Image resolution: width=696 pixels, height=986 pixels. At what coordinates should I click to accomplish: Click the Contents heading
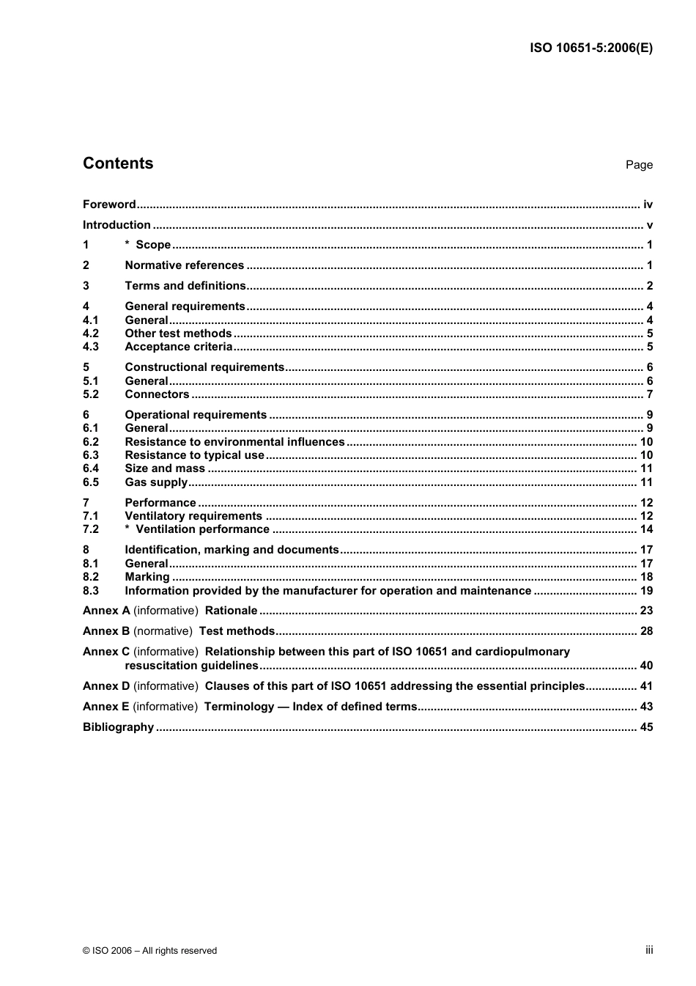(x=118, y=163)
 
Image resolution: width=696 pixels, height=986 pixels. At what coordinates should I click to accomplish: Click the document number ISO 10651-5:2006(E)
(x=591, y=48)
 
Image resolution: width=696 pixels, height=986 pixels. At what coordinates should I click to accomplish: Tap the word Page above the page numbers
(x=639, y=165)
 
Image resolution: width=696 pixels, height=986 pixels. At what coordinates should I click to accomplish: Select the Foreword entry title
(x=109, y=205)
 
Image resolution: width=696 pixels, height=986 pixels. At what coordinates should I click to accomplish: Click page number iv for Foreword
(x=648, y=205)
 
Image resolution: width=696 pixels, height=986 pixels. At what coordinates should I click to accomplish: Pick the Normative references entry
(x=185, y=265)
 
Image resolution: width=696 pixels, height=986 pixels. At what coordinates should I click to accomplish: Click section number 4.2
(x=91, y=334)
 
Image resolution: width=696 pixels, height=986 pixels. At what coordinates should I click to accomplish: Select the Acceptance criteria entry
(x=179, y=347)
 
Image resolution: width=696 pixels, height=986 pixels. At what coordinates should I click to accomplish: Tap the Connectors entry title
(x=157, y=394)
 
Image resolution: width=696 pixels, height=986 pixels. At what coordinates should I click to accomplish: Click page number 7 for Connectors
(x=650, y=394)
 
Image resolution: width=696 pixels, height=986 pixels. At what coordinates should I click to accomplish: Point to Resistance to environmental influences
(x=234, y=442)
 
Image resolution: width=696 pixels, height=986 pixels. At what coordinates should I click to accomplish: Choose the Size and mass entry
(x=165, y=468)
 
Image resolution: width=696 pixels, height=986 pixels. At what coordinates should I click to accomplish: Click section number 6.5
(x=91, y=482)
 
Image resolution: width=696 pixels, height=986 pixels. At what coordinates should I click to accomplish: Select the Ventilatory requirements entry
(x=193, y=516)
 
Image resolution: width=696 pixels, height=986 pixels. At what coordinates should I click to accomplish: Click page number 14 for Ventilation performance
(x=646, y=529)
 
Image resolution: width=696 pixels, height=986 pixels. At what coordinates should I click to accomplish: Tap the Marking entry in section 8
(x=147, y=577)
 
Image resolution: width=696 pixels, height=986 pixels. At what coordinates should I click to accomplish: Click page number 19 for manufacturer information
(x=646, y=591)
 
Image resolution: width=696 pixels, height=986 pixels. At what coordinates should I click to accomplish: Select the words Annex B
(x=106, y=631)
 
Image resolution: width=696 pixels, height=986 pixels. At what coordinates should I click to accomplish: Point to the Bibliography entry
(x=118, y=727)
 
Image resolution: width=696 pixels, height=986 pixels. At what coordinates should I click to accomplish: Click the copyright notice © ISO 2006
(x=150, y=951)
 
